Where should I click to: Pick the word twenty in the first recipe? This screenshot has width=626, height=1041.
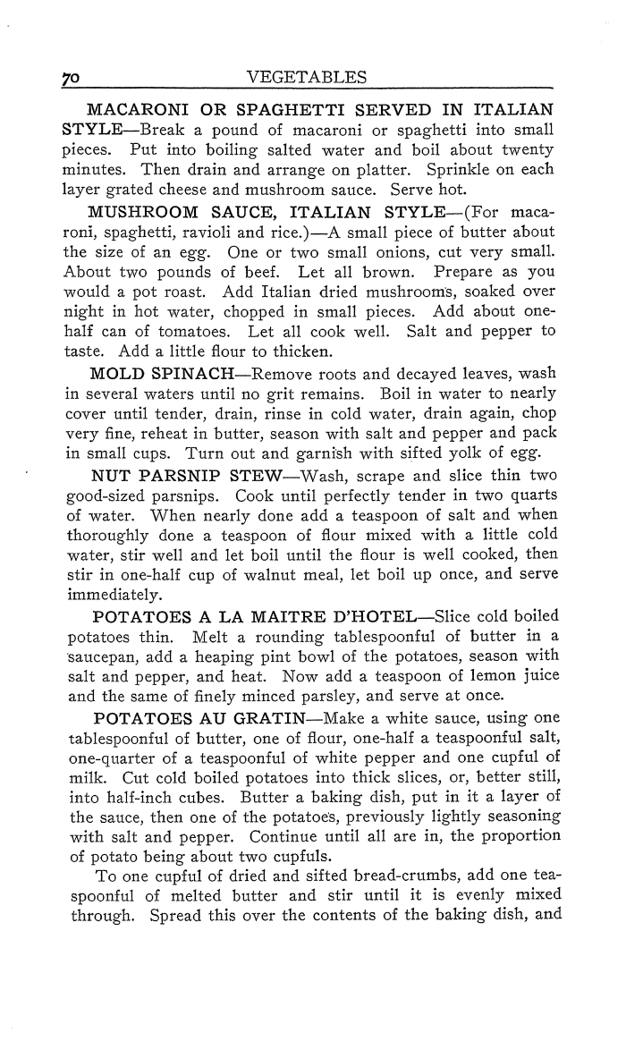click(x=528, y=148)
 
